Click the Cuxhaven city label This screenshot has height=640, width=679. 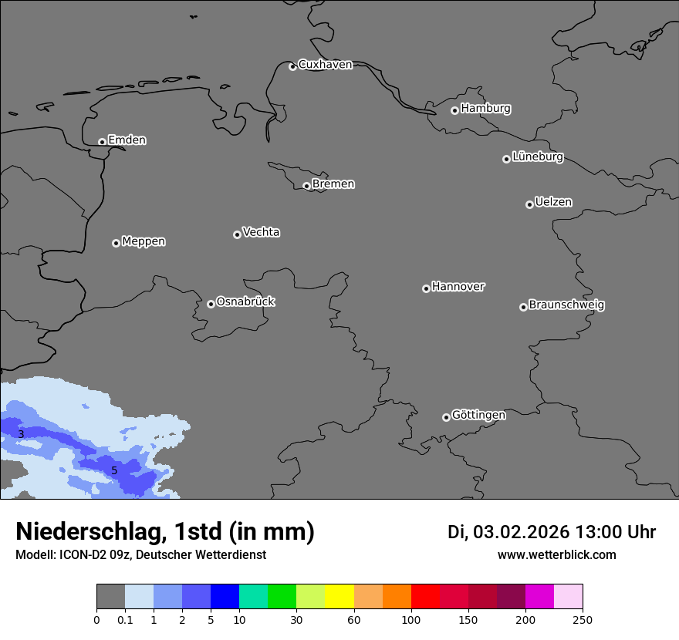point(325,65)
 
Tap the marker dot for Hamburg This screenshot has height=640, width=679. point(454,110)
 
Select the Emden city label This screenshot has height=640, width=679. point(127,140)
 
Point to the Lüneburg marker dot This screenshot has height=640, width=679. point(506,159)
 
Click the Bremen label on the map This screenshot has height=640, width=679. point(333,184)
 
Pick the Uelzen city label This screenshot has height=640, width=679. point(553,203)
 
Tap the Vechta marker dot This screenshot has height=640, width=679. point(237,234)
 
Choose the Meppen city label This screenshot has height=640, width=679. point(144,241)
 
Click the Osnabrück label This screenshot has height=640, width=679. point(245,302)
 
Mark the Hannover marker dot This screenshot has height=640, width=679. point(426,288)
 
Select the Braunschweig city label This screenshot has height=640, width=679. point(566,305)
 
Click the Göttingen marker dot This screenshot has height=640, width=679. point(446,417)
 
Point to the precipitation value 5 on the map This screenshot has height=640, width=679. point(114,470)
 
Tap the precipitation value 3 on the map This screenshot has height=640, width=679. point(21,435)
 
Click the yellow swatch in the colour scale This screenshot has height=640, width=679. point(339,597)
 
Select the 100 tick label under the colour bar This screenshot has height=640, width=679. point(411,619)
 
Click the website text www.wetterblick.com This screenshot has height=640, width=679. point(556,555)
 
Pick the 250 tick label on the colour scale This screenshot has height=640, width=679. point(583,619)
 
